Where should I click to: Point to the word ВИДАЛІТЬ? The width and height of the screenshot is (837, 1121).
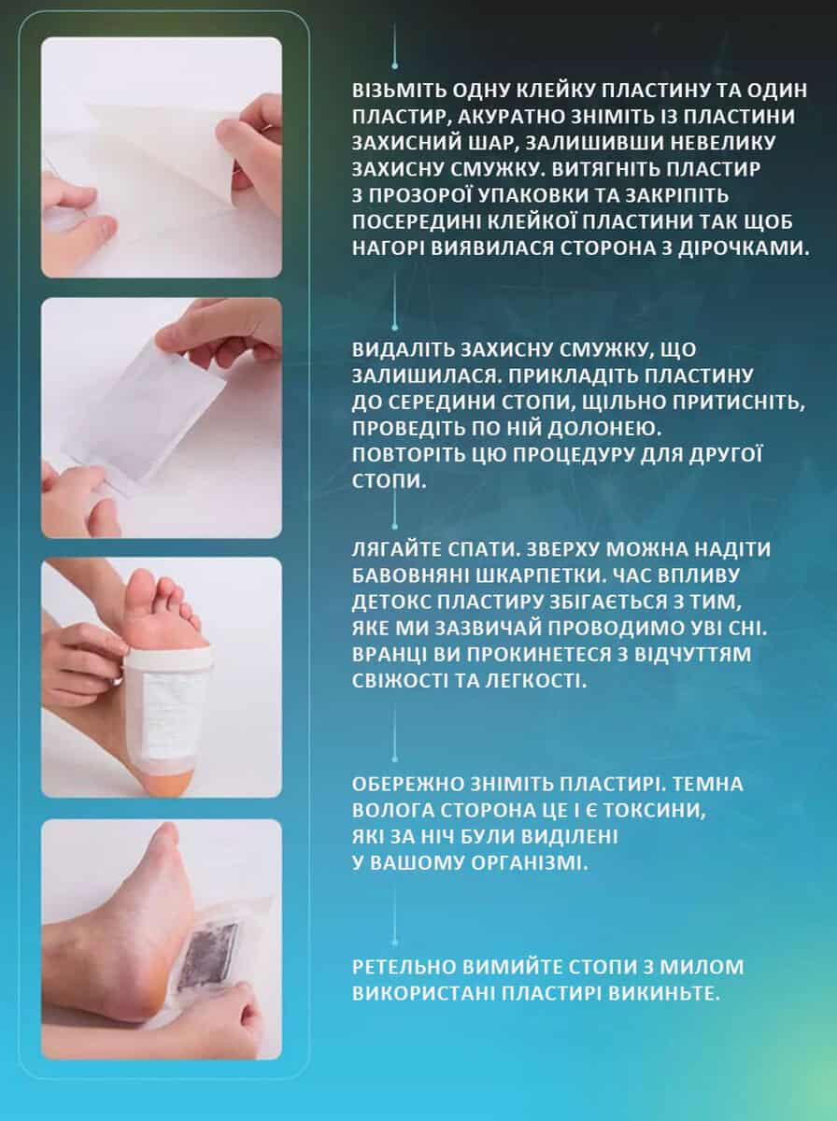[x=402, y=349]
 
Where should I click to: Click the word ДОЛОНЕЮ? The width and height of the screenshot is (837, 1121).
[x=604, y=429]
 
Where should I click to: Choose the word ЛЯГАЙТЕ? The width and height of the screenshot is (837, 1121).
[x=396, y=550]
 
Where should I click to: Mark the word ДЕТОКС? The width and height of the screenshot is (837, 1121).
[x=390, y=603]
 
